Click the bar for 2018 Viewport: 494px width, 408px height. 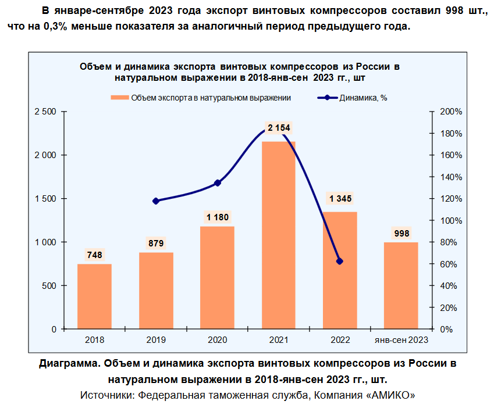pyautogui.click(x=94, y=296)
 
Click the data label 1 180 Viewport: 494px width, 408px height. pyautogui.click(x=218, y=217)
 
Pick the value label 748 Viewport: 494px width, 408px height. pyautogui.click(x=94, y=255)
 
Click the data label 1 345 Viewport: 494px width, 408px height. pyautogui.click(x=340, y=199)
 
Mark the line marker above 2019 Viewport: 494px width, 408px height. pyautogui.click(x=156, y=201)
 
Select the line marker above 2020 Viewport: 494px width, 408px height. pyautogui.click(x=218, y=183)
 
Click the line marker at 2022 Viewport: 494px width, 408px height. pyautogui.click(x=340, y=262)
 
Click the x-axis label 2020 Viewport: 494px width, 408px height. pyautogui.click(x=218, y=339)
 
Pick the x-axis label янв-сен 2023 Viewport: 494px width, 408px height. pyautogui.click(x=401, y=339)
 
